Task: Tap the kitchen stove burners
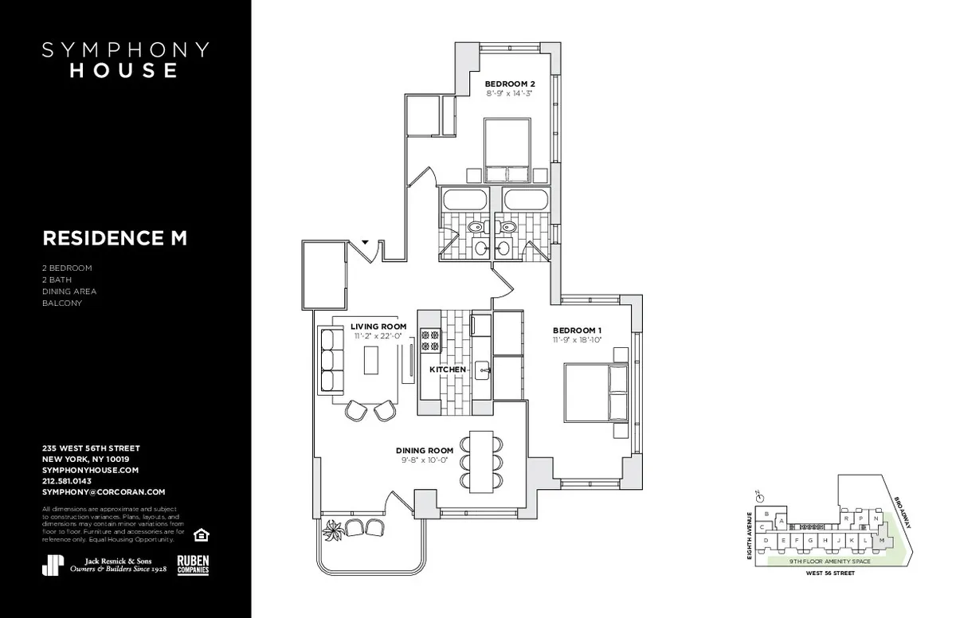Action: (x=430, y=340)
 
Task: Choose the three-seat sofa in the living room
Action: (x=327, y=360)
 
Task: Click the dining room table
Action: (x=480, y=461)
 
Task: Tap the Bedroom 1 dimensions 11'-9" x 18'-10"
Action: (x=577, y=340)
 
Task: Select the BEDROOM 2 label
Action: (x=510, y=84)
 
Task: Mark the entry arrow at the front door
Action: (x=365, y=241)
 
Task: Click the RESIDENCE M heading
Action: (x=115, y=238)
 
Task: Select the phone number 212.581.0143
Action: (x=67, y=481)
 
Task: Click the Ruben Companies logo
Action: (x=193, y=564)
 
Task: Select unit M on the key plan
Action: (x=882, y=541)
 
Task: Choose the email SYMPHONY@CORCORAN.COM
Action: (x=104, y=492)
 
